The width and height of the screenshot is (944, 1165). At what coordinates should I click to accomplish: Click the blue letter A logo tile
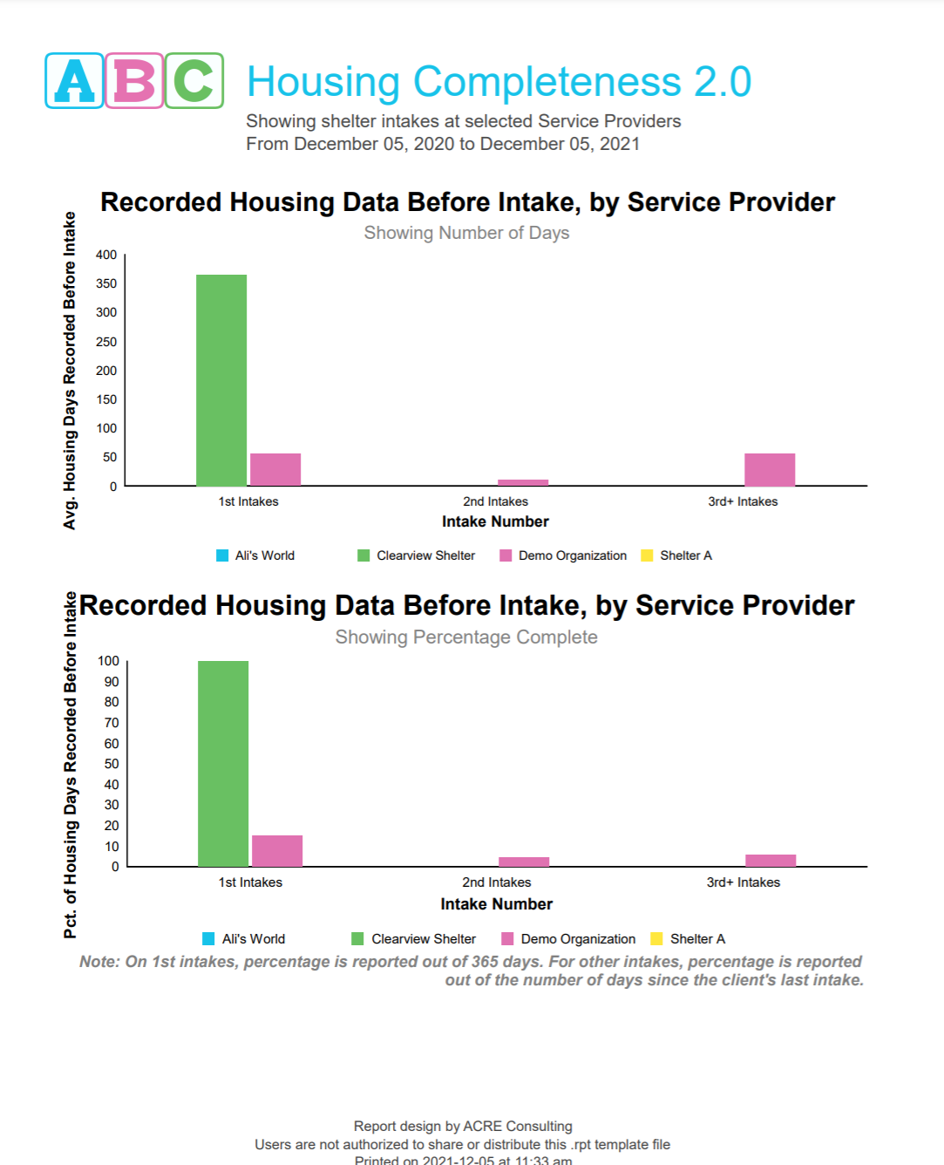click(x=74, y=81)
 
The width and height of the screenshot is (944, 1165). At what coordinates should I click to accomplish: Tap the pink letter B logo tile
click(x=134, y=81)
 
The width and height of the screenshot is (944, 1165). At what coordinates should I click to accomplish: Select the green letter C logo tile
click(x=194, y=81)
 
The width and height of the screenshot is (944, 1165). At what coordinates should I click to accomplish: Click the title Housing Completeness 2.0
click(x=499, y=82)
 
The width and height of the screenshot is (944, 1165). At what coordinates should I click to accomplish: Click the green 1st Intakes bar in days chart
click(x=221, y=380)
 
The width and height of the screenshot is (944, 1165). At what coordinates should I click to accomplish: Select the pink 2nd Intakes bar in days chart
click(x=523, y=482)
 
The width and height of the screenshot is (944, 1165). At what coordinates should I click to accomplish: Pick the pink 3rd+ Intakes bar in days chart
click(x=770, y=469)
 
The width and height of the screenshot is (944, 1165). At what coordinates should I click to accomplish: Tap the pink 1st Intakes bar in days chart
click(x=275, y=469)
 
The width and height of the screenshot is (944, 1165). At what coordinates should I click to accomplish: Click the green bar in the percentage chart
click(x=223, y=763)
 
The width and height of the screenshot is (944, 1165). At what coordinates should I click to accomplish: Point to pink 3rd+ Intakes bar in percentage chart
click(x=771, y=860)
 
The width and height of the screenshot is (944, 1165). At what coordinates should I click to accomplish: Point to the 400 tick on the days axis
click(x=106, y=255)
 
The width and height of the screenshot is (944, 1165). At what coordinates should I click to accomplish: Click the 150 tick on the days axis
click(x=106, y=399)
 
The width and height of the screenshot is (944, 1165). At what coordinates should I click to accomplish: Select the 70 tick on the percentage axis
click(x=112, y=723)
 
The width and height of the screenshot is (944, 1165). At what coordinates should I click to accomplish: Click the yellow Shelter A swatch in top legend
click(x=647, y=555)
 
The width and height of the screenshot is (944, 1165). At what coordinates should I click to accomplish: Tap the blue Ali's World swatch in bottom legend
click(x=208, y=939)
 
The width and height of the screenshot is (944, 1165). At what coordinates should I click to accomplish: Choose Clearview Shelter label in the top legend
click(x=425, y=555)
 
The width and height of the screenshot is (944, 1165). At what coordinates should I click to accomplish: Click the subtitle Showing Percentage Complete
click(x=466, y=637)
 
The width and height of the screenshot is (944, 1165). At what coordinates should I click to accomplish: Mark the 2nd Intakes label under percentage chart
click(x=496, y=882)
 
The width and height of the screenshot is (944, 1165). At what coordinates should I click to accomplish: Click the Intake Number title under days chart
click(x=495, y=521)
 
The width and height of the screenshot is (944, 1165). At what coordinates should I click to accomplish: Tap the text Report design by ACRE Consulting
click(x=463, y=1126)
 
